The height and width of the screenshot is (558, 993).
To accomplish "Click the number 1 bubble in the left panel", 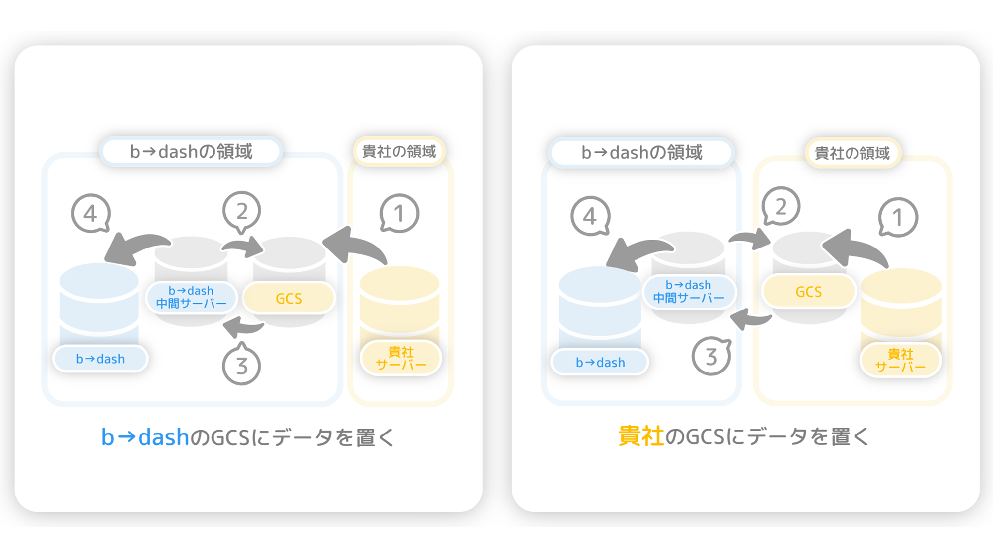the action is coord(399,213).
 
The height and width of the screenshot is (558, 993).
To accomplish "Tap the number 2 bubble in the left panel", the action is coord(241,212).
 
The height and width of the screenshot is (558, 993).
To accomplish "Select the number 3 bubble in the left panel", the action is coord(241,365).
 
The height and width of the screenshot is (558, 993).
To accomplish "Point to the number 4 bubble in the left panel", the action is coord(91,213).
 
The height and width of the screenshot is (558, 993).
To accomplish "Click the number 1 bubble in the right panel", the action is coord(898,217).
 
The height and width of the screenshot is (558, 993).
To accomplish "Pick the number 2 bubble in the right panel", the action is coord(781,206).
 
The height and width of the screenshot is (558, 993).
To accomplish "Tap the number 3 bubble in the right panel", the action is coord(711,356).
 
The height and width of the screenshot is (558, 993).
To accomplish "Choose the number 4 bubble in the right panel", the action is coord(590,216).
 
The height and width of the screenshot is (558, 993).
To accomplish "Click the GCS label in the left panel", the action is coord(289,298).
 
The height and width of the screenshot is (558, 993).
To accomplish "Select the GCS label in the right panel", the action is coord(809,292).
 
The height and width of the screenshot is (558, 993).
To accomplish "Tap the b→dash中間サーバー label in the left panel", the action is coord(191,297).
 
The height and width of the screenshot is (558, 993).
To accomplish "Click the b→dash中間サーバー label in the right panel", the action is coord(689,292).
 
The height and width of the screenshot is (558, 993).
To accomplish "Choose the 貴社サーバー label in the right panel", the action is coord(900,360).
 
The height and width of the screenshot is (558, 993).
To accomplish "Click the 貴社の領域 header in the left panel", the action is coord(399,151).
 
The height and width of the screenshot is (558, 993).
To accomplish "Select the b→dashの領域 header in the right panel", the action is coord(641,153).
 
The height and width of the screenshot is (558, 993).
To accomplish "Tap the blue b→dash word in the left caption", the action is coord(145,437).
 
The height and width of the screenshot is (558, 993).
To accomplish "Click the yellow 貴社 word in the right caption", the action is coord(641,436).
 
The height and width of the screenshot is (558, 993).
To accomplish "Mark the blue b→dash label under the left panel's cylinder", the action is coord(100,359).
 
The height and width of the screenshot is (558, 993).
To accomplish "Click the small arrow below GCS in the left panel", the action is coord(243,327).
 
